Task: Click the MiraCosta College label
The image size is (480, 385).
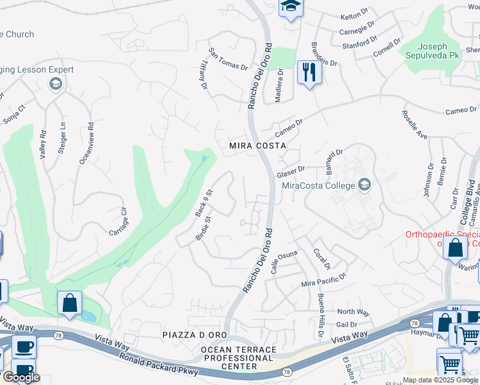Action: click(319, 186)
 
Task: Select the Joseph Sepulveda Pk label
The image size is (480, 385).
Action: click(430, 51)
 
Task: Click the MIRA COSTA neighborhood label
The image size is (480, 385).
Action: click(257, 146)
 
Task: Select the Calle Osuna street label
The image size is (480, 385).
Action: click(284, 262)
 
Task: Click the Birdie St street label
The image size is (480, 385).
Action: click(203, 228)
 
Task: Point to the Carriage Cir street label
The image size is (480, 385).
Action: click(119, 221)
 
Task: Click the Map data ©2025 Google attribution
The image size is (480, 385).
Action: click(440, 380)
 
